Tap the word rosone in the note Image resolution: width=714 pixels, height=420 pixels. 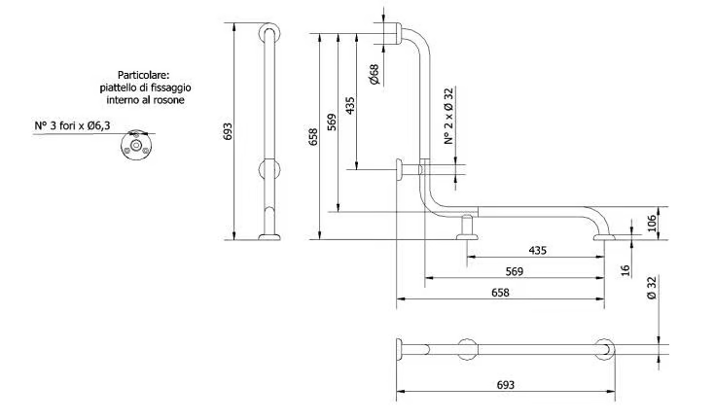coord(170,100)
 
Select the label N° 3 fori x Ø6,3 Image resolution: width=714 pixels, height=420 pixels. coord(72,125)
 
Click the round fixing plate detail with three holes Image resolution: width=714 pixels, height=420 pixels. coord(136,146)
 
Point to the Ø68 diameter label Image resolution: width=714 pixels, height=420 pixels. coord(374,74)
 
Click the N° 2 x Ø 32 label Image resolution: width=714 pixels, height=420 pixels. coord(449,117)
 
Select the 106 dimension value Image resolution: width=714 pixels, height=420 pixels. coord(652,223)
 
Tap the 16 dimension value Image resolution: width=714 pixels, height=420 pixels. coord(625,270)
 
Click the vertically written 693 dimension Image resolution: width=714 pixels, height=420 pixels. coord(229,131)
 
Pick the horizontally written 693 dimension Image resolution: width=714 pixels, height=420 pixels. coord(506,385)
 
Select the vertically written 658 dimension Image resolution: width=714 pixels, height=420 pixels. coord(313,137)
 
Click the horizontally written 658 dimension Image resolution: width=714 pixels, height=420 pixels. coord(500,293)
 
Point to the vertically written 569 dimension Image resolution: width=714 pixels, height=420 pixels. coord(332,122)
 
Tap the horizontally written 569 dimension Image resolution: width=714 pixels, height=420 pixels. coord(515,271)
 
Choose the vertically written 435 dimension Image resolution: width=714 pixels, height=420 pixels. coord(350,106)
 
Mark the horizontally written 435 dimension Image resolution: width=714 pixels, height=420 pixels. coord(538,250)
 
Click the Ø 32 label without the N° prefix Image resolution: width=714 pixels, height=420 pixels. coord(652,288)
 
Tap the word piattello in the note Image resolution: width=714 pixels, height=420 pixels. coord(116,87)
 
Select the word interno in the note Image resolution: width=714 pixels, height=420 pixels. coord(123,100)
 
